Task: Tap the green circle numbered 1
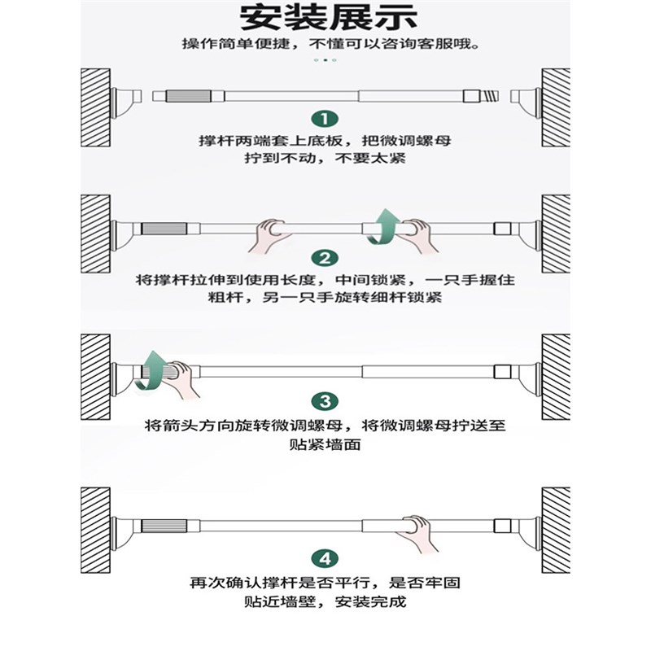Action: [325, 119]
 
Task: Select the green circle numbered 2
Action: [325, 259]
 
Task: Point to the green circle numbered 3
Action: [325, 401]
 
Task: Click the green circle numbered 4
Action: [325, 558]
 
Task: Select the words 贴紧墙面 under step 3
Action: [325, 446]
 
